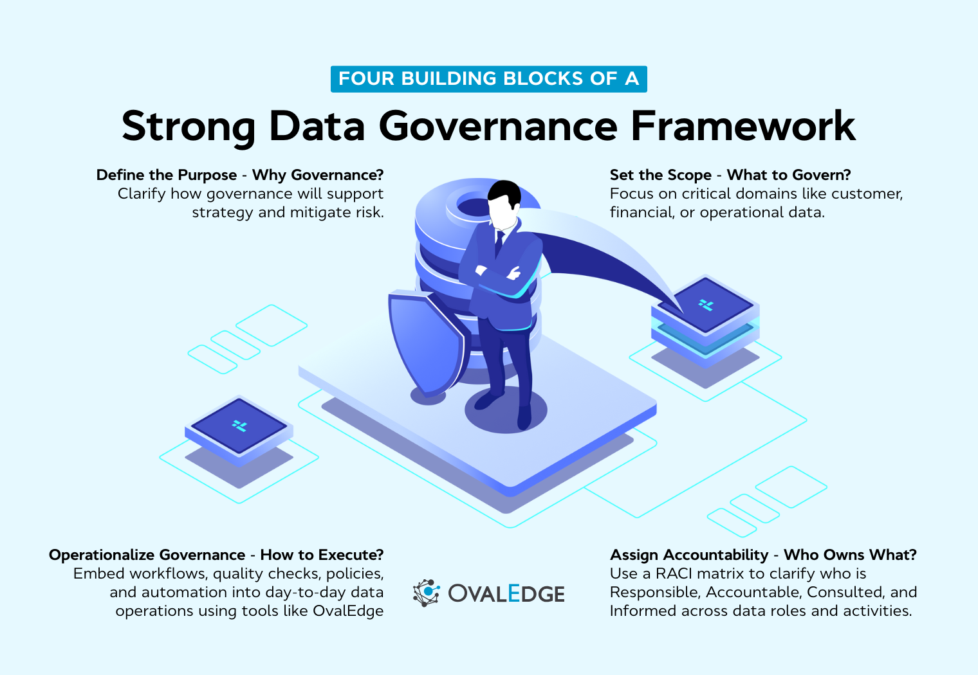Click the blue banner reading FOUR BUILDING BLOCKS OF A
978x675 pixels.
tap(488, 79)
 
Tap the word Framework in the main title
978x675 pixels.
tap(743, 126)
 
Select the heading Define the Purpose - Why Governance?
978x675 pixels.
tap(240, 175)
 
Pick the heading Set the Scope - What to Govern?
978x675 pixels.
tap(730, 175)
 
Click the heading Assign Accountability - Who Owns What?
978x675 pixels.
tap(763, 555)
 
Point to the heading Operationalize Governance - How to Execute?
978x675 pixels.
tap(216, 555)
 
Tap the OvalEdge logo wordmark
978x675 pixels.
tap(506, 593)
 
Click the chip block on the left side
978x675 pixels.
tap(239, 428)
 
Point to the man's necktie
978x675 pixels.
tap(499, 243)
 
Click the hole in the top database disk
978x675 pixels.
tap(474, 207)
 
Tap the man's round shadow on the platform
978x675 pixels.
tap(506, 411)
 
